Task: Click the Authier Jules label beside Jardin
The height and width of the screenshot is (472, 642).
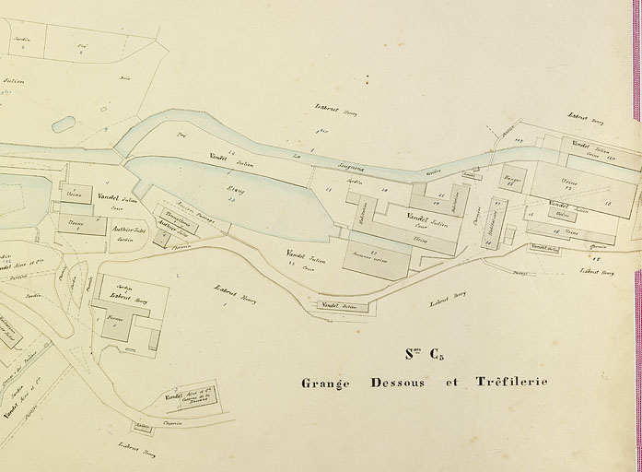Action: pos(129,230)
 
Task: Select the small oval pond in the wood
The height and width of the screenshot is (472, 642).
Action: pos(64,124)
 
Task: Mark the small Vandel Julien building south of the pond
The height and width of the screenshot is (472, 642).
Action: pos(342,305)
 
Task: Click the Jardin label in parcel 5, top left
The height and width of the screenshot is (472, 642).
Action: pos(24,39)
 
